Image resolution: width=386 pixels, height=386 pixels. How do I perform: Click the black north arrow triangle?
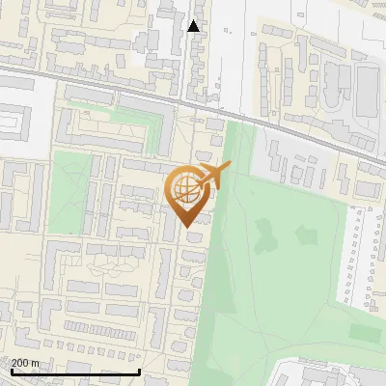coord(194,26)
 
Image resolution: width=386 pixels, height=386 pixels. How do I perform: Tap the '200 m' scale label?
coord(25,363)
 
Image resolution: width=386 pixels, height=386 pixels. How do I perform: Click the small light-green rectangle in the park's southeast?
coord(364,332)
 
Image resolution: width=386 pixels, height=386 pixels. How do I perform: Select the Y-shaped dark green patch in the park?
coord(266,233)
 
